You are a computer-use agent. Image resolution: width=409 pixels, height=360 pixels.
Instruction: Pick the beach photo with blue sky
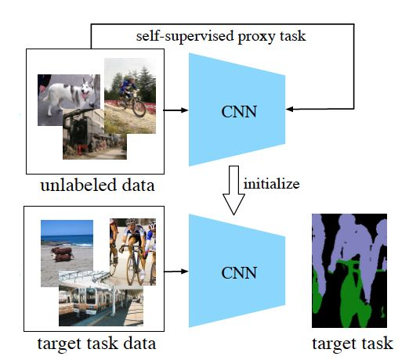point(67,243)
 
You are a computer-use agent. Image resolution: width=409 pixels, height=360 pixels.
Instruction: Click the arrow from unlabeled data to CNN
point(177,110)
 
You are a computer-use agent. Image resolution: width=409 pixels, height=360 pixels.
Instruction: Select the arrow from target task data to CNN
point(177,272)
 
